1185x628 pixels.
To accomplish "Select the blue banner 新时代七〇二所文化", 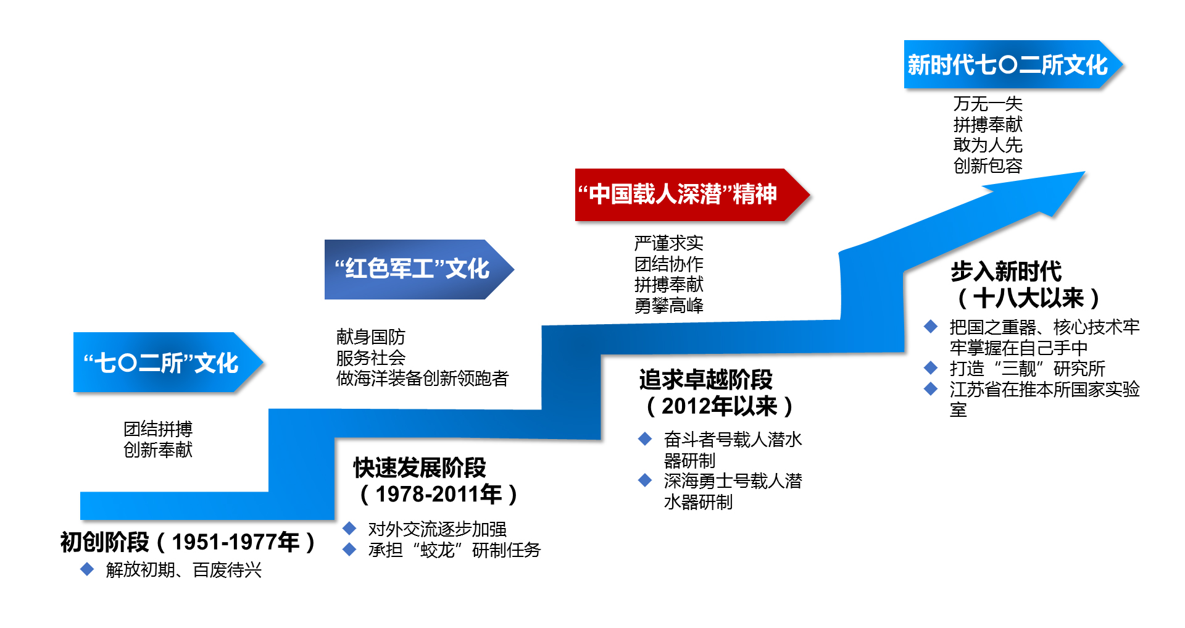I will pos(1007,65).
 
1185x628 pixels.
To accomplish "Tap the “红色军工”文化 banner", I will pos(412,269).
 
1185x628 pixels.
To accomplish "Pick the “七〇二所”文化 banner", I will pos(160,362).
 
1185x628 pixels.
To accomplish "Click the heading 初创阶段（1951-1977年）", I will pos(188,542).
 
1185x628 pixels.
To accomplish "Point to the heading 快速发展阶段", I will pos(420,467).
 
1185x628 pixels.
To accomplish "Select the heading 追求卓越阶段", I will pos(705,379).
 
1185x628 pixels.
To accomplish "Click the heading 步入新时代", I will pos(1005,271).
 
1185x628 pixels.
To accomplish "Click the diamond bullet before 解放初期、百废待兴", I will pos(87,569).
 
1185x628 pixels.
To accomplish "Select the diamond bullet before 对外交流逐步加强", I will pos(349,529).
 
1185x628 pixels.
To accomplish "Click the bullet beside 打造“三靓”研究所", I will pos(931,369).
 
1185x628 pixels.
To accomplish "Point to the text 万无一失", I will pos(987,104).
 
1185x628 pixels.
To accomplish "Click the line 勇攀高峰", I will pos(668,306).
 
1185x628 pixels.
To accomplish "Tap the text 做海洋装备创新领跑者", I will pos(422,379).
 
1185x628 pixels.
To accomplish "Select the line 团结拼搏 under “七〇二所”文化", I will pos(158,429).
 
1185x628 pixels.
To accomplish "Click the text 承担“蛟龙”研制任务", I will pos(454,550).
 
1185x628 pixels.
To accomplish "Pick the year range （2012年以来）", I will pos(719,406).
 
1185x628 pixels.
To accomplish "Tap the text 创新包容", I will pos(987,166).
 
